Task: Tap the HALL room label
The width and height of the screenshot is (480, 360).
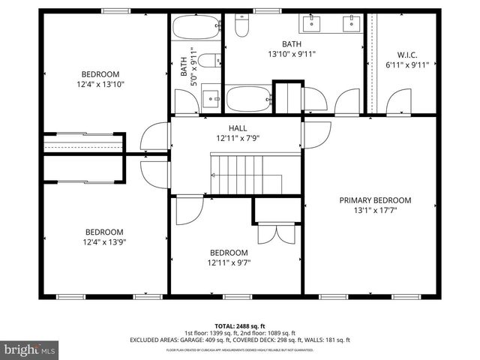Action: point(237,128)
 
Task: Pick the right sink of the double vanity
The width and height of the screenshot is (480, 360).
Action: point(351,22)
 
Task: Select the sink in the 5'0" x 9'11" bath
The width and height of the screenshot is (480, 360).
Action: point(212,97)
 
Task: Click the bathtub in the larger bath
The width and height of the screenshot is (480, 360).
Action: point(247,99)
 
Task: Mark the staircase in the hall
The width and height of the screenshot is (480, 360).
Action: point(245,173)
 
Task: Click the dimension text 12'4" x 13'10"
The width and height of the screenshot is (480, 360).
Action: point(101,85)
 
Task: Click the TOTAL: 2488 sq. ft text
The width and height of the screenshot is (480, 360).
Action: point(240,326)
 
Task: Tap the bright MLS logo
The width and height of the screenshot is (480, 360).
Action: point(30,349)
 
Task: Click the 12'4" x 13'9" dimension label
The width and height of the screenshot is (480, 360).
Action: point(103,242)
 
